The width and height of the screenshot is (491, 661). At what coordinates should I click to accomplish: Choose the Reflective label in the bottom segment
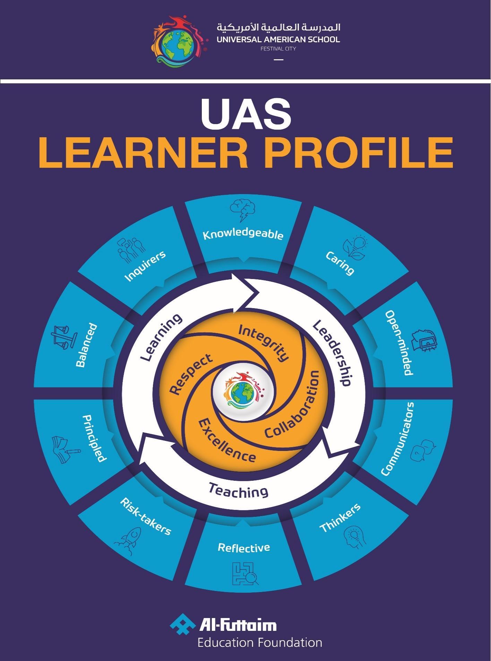coord(243,548)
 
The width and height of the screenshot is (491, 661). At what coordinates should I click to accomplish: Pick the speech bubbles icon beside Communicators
coord(422,450)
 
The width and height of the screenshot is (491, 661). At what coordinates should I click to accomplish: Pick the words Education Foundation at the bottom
coord(260,643)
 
